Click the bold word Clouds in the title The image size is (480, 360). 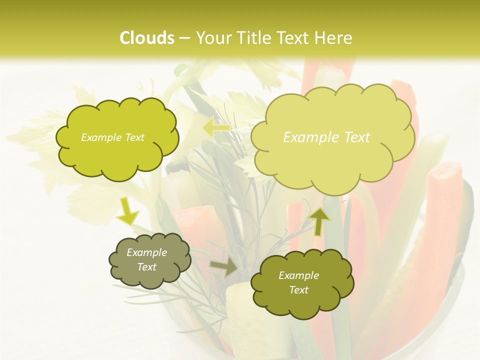[147, 38]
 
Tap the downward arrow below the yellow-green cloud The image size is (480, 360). [127, 211]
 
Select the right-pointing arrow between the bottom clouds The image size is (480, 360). [224, 267]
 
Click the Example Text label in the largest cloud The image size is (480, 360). [326, 137]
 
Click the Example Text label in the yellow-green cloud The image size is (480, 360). [112, 137]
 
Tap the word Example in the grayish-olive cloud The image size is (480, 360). [146, 252]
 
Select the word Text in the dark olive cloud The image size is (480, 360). [298, 290]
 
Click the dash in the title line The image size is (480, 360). [184, 38]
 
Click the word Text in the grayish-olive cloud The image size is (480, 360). [146, 267]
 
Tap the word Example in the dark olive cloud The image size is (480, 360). [298, 275]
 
